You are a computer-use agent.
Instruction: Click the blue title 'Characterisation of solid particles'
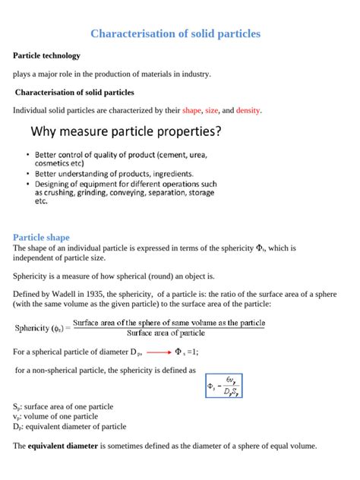[175, 34]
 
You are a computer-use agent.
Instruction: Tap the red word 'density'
[248, 111]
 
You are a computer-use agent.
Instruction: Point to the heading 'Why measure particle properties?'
[126, 131]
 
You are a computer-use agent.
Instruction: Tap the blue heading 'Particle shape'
[42, 237]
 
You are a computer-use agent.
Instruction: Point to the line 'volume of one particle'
[57, 416]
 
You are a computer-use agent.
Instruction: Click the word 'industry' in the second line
[193, 74]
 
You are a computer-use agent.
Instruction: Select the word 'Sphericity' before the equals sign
[33, 328]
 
